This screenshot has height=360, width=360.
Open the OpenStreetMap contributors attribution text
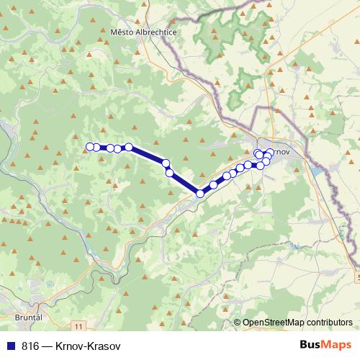point(297,323)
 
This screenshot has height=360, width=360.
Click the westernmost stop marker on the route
point(90,147)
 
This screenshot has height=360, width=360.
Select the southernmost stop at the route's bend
point(200,193)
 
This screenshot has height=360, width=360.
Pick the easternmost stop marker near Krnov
point(270,153)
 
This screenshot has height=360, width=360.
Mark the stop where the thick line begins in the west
point(129,147)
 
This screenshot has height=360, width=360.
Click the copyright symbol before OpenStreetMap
point(237,323)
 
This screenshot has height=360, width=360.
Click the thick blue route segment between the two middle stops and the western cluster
point(148,155)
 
